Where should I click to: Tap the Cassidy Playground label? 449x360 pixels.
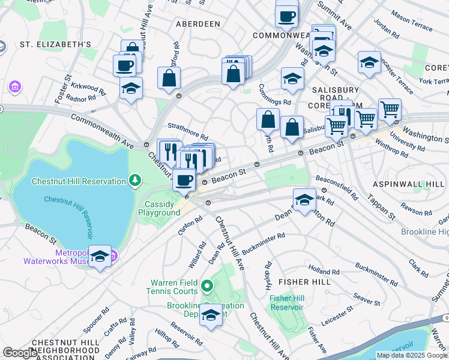(159, 208)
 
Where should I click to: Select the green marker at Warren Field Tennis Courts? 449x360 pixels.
(207, 287)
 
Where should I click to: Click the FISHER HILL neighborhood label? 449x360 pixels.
(305, 281)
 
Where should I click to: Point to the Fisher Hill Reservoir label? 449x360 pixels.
(286, 302)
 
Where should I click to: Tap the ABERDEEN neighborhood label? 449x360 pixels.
(198, 24)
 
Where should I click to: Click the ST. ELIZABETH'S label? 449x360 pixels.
(55, 44)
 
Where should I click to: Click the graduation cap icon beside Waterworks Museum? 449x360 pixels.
(100, 256)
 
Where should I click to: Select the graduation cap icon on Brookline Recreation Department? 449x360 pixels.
(211, 315)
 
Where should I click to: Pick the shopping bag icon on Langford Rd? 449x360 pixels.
(169, 77)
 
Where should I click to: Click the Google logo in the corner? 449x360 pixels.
(20, 353)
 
